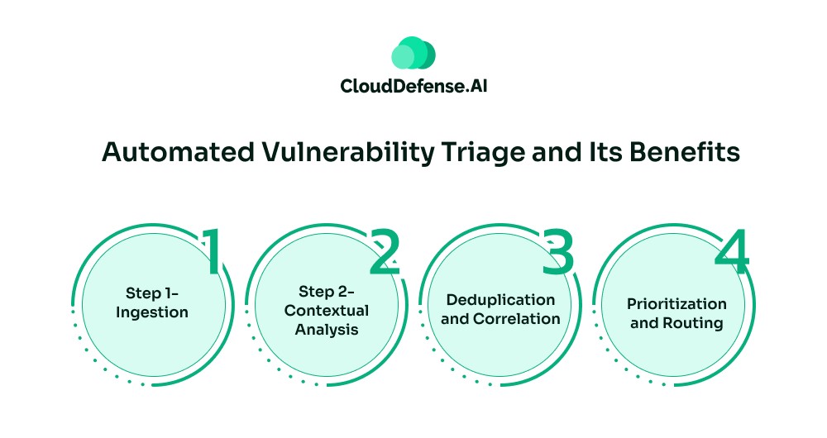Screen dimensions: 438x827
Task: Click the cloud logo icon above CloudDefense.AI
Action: coord(413,53)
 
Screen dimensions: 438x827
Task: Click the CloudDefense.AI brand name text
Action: coord(413,85)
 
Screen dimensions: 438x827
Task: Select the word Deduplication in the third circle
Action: coord(500,299)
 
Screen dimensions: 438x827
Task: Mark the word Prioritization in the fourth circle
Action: coord(676,304)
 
